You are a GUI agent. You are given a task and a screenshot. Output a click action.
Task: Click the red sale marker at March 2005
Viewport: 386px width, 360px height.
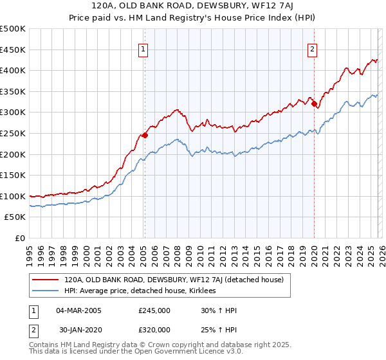point(145,135)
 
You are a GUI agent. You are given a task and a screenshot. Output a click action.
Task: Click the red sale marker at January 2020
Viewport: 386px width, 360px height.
point(314,104)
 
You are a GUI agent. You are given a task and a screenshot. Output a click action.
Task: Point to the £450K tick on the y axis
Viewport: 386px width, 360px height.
point(13,50)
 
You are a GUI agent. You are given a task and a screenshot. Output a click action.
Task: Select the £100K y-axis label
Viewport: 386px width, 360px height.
point(13,196)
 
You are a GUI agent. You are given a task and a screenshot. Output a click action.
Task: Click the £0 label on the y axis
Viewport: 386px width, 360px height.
point(21,238)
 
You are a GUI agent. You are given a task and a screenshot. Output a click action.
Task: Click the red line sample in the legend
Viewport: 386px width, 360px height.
point(45,280)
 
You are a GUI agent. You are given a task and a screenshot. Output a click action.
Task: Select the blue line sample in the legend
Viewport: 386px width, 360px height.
point(45,291)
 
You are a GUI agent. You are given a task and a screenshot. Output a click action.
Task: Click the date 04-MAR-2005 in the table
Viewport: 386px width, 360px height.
point(78,310)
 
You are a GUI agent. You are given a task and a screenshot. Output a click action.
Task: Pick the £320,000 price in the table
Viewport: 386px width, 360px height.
point(154,330)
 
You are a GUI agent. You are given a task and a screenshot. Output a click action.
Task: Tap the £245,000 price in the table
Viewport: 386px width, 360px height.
point(154,310)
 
